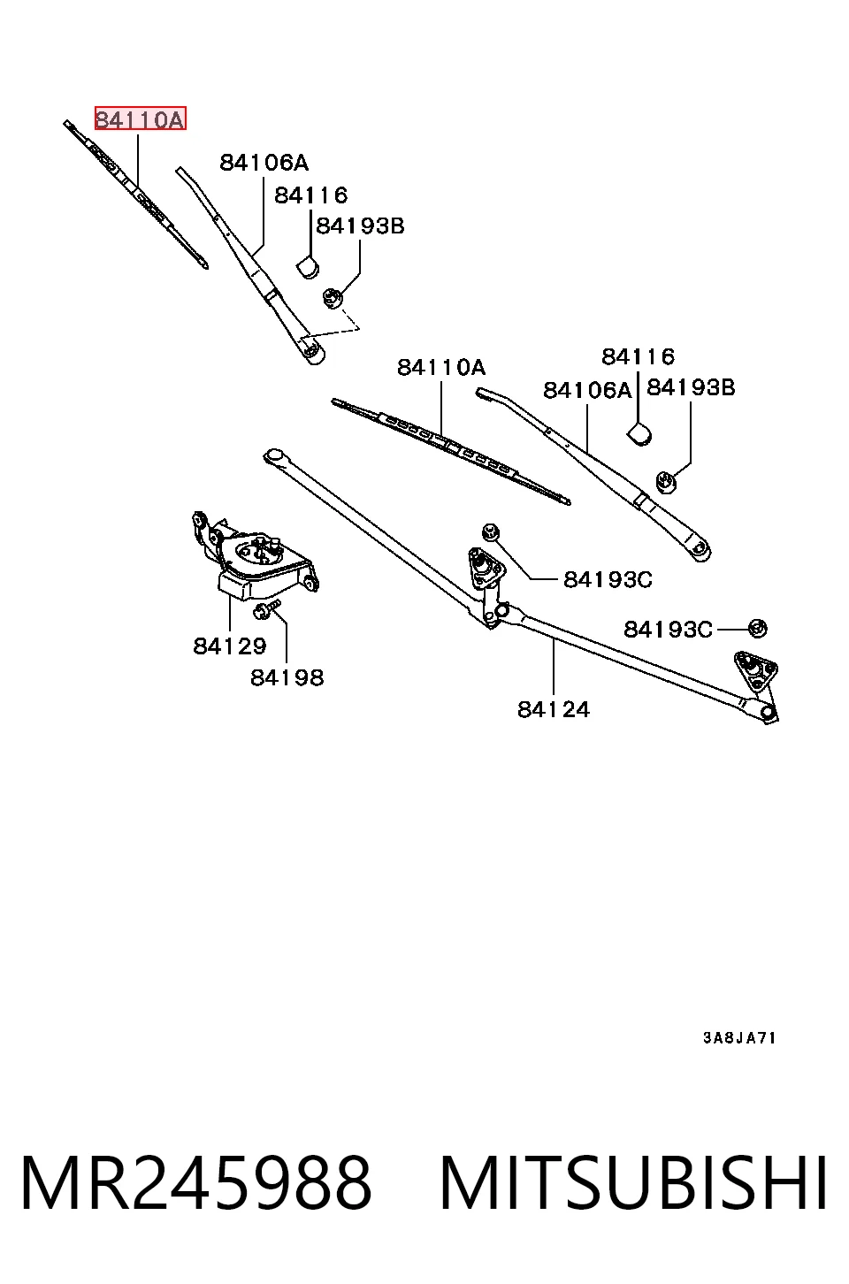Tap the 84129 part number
coord(230,646)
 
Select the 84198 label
coord(287,677)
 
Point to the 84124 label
coord(554,709)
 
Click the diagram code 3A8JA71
coord(739,1038)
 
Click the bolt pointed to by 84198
coord(267,608)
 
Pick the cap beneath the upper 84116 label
coord(308,267)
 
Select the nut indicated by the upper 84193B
coord(333,298)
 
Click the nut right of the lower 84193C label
coord(758,629)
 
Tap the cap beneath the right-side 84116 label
coord(639,434)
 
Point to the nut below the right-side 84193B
coord(666,480)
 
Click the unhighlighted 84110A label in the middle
coord(441,368)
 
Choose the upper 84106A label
coord(264,164)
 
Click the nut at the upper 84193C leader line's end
coord(491,532)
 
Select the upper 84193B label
coord(361,225)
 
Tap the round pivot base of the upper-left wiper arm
coord(313,352)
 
